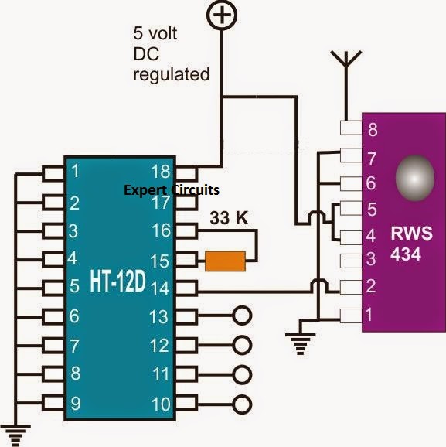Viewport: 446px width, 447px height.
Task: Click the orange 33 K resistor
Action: [x=226, y=261]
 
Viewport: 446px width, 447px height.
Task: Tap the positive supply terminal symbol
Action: [x=223, y=14]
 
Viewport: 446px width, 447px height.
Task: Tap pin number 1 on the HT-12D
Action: [x=74, y=172]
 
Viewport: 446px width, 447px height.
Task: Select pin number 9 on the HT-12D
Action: [x=74, y=402]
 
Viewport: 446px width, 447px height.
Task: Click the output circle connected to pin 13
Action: [x=243, y=316]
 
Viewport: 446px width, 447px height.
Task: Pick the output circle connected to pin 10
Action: [x=243, y=403]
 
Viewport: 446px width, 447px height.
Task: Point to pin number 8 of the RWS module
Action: [x=373, y=130]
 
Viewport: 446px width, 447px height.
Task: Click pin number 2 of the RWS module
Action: [x=373, y=287]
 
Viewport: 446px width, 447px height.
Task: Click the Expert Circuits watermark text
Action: [x=172, y=189]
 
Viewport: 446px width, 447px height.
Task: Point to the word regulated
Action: [x=171, y=75]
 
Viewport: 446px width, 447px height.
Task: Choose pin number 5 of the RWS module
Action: [x=373, y=209]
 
